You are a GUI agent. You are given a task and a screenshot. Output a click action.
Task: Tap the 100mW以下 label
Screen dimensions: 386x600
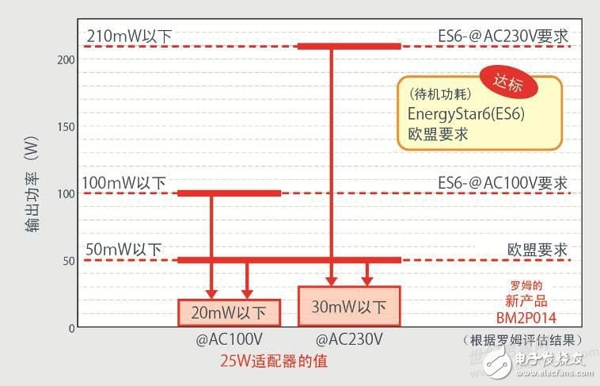point(123,183)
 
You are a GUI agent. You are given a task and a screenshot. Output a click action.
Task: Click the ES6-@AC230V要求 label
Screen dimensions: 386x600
point(503,36)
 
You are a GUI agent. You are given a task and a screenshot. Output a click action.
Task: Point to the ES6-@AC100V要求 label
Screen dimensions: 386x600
point(503,183)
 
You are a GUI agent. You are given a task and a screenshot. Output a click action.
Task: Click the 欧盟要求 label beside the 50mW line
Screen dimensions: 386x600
point(537,250)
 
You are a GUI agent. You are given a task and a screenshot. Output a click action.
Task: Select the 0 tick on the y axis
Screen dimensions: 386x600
point(70,327)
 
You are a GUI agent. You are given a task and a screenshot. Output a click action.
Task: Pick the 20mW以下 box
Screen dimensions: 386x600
point(229,311)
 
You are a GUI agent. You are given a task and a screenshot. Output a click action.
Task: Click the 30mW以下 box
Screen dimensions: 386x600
point(349,306)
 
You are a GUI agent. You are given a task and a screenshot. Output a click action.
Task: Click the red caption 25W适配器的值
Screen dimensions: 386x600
point(274,361)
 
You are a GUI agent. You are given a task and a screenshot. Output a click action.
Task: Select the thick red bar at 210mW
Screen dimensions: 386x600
point(348,46)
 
